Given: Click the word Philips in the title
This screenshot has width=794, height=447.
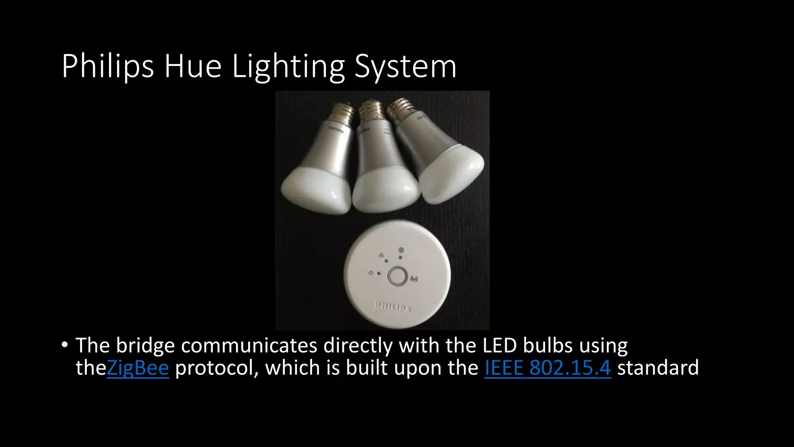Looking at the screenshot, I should coord(107,67).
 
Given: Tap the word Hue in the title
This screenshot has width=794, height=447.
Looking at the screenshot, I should coord(193,67).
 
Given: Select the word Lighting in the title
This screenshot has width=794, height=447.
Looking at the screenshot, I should coord(288,67).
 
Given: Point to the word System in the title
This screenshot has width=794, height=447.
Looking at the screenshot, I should coord(406,67).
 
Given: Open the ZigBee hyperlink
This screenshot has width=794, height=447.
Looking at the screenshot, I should coord(138,368).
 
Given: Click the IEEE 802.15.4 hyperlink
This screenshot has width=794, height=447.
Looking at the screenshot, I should coord(547,368).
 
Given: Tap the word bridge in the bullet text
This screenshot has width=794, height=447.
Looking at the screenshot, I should coord(145,345).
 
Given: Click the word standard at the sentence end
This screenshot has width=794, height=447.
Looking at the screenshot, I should coord(658,368).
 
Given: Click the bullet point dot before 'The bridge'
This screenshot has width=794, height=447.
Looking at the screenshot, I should coord(64,345).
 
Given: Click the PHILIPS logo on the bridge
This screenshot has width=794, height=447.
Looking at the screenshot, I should coord(393,307).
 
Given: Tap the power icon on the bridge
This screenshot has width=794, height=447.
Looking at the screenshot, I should coord(371,273).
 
